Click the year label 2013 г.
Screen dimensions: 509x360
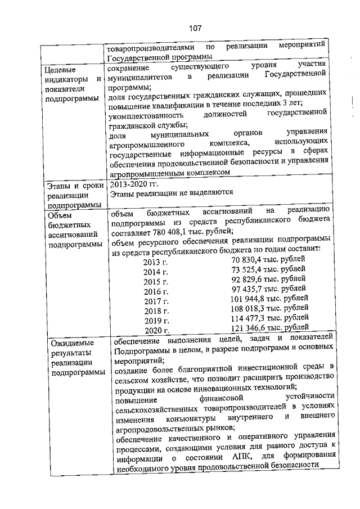coord(156,262)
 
